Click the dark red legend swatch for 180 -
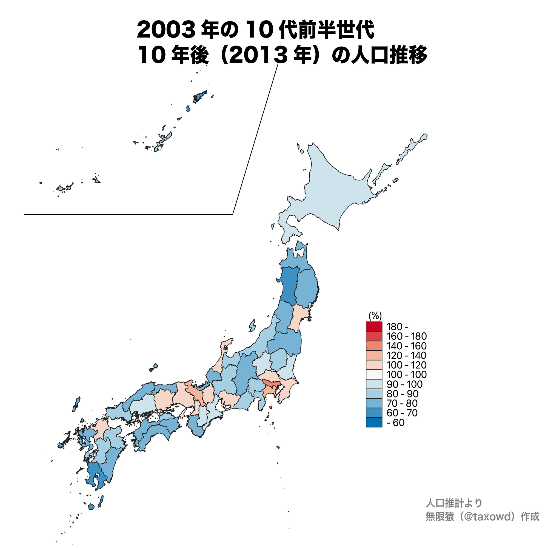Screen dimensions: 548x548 (x=374, y=327)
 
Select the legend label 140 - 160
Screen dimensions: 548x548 (x=406, y=346)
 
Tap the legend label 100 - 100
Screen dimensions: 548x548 (x=406, y=374)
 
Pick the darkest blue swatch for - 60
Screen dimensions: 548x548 (x=374, y=422)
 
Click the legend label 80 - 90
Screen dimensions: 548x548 (x=402, y=393)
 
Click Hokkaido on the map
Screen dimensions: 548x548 (x=335, y=193)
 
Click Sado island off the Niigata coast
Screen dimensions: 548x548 (x=252, y=326)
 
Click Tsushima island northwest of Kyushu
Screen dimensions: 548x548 (x=76, y=404)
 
